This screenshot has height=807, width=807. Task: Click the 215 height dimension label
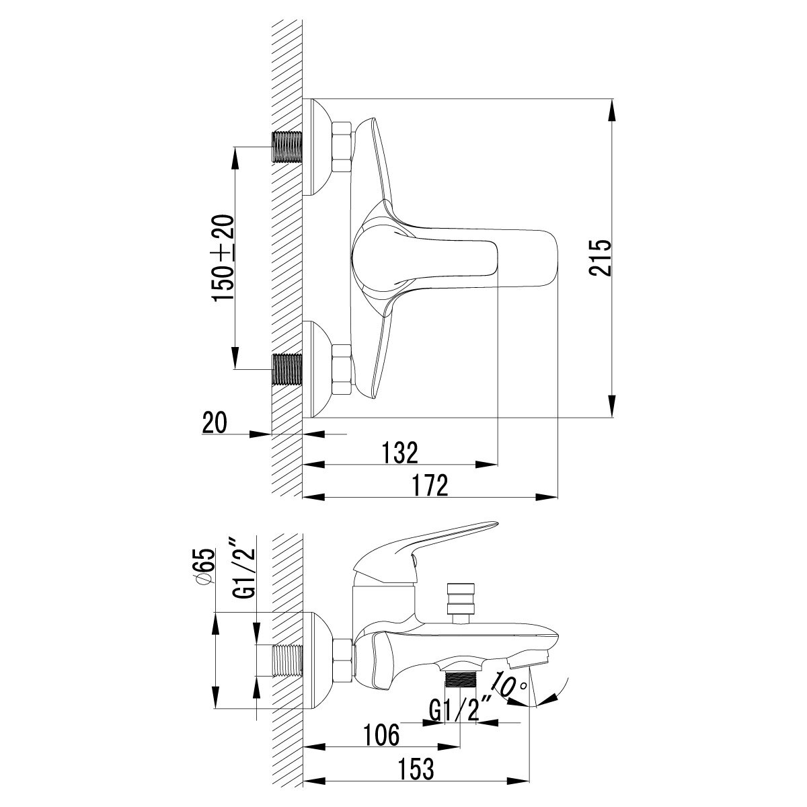600,257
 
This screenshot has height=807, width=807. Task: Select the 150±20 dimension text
223,257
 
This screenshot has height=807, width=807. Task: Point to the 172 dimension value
430,485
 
